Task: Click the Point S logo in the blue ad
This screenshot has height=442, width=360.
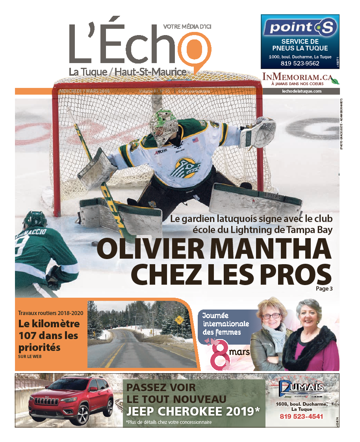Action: click(300, 28)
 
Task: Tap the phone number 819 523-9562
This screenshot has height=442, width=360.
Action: click(300, 63)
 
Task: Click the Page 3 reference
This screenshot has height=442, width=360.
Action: click(324, 289)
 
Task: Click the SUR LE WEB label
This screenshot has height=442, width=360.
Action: click(30, 357)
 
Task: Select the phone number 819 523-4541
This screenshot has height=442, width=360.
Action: click(302, 416)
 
